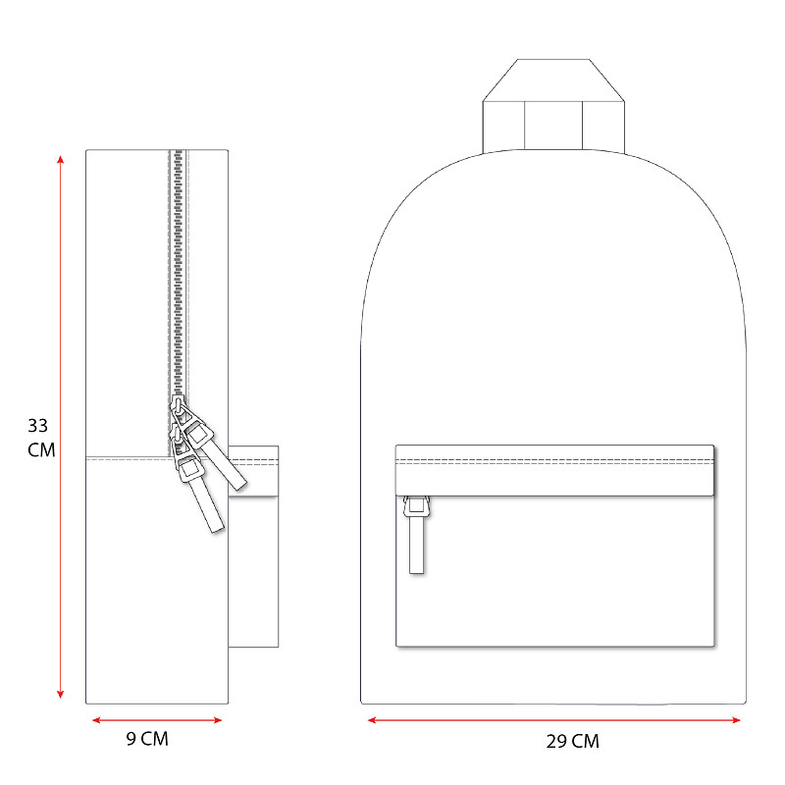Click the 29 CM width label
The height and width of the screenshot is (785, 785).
click(x=572, y=741)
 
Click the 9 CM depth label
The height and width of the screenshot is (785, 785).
click(x=147, y=739)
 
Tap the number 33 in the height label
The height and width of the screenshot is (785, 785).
click(x=38, y=426)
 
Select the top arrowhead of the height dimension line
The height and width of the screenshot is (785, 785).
click(x=61, y=160)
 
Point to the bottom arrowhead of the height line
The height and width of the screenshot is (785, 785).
click(x=61, y=694)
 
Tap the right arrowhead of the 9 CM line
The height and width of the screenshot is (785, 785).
click(x=217, y=720)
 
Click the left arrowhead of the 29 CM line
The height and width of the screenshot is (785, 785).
click(x=372, y=720)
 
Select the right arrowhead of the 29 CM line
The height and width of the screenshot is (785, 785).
click(x=735, y=720)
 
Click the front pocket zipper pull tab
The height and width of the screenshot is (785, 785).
click(x=416, y=535)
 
